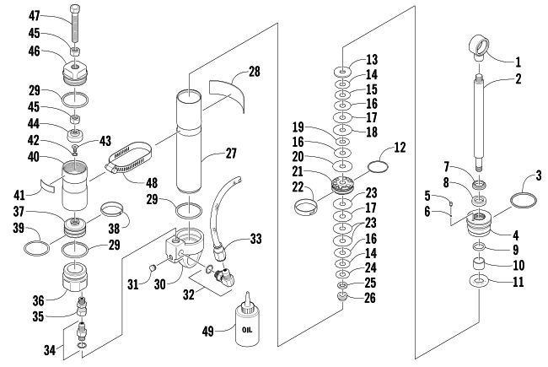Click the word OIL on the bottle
point(247,330)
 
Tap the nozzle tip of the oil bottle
point(248,293)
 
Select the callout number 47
point(35,16)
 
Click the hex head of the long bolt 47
point(75,8)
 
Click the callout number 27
point(231,153)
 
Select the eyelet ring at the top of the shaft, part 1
point(479,46)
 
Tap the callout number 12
point(400,148)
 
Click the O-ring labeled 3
point(524,201)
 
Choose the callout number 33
point(255,239)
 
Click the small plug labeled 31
point(152,268)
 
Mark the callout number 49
point(208,331)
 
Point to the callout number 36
point(39,300)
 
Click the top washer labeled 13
point(343,72)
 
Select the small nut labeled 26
point(342,297)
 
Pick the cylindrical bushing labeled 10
point(479,263)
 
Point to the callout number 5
point(427,196)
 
